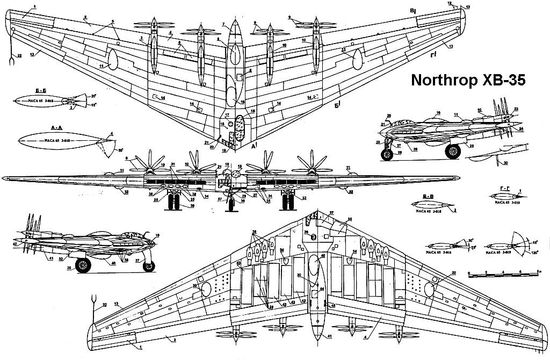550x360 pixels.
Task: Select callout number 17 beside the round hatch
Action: click(x=227, y=115)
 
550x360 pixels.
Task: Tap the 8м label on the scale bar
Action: click(x=539, y=272)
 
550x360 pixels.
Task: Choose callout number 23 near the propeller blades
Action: click(x=516, y=110)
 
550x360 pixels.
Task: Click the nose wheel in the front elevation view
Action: click(x=232, y=205)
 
